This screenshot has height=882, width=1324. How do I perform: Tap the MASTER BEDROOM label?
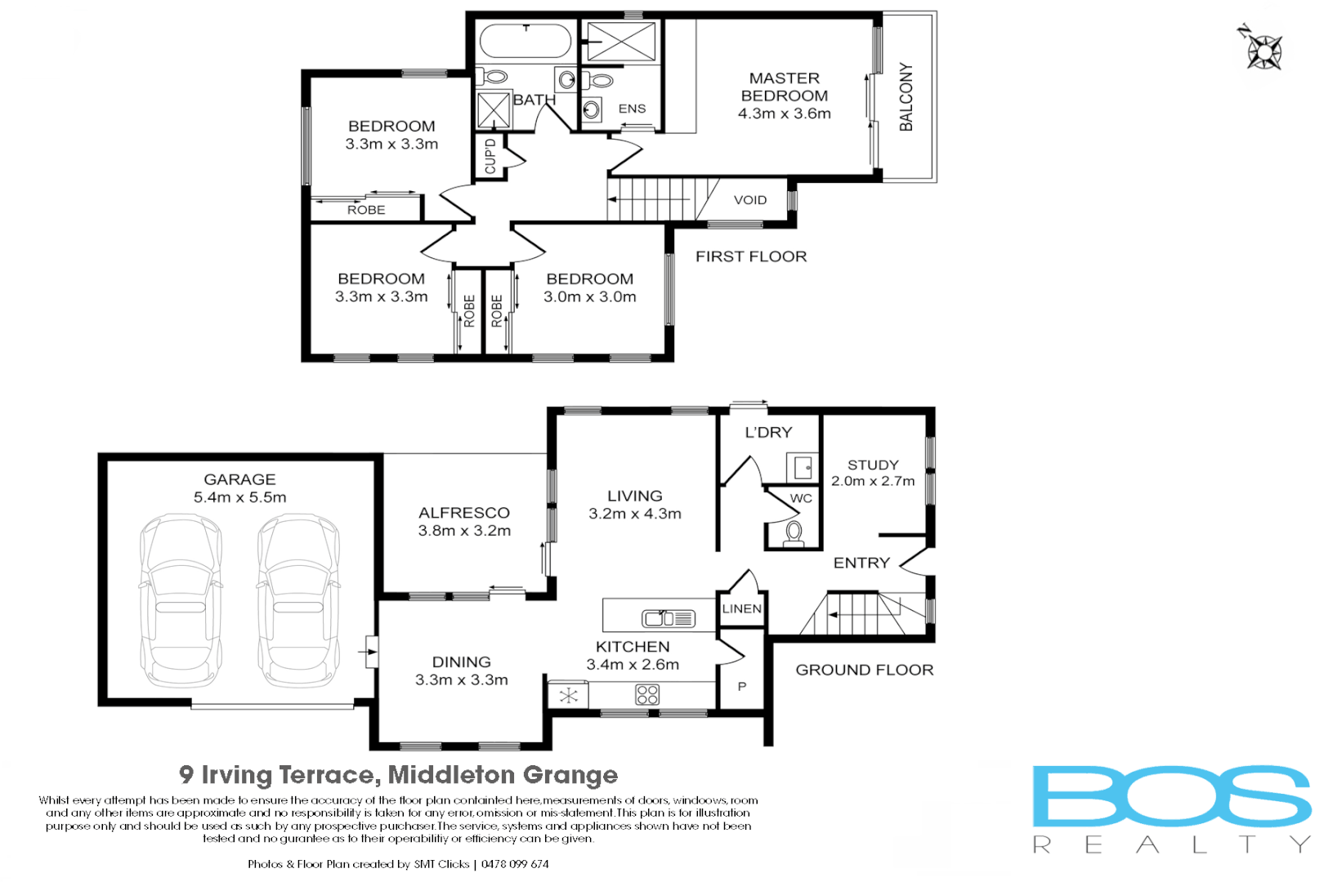(784, 87)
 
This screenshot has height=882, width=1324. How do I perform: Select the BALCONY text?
(906, 96)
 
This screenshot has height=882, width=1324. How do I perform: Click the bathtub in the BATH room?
(526, 42)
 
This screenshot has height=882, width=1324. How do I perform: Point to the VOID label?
(749, 200)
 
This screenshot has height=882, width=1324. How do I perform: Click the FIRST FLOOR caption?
(750, 256)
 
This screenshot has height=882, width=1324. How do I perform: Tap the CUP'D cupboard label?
(490, 156)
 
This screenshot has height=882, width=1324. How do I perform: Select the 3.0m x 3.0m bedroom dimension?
(589, 297)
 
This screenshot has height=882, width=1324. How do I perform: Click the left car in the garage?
(181, 600)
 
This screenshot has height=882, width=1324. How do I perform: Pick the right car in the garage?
(298, 600)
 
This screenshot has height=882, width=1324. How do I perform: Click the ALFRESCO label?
(463, 513)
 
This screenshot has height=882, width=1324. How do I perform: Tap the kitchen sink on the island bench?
(668, 619)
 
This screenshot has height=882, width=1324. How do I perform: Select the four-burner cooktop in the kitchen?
(647, 695)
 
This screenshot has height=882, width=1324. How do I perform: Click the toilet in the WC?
(793, 533)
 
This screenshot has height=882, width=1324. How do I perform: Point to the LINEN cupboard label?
(741, 608)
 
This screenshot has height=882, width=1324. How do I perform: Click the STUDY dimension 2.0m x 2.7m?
(872, 481)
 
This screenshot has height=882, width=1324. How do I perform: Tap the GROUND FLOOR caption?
(864, 670)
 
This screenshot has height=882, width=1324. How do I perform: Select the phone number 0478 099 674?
(515, 864)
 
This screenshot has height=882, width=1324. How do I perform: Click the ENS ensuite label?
(632, 109)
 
